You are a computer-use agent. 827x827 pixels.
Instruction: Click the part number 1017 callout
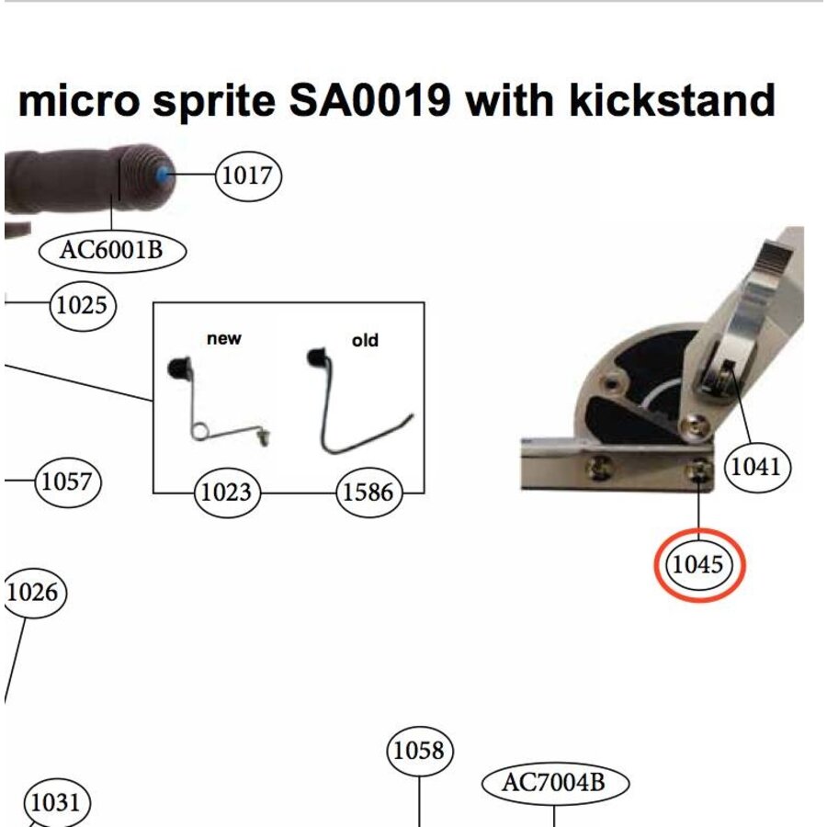tap(248, 175)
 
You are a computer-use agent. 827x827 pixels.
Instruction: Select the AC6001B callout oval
tap(112, 250)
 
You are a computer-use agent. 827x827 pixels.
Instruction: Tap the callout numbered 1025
tap(83, 305)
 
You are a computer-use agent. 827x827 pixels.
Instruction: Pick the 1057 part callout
tap(67, 481)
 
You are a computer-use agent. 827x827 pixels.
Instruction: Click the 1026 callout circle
tap(32, 593)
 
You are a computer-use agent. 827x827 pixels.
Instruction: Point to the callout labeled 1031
tap(56, 803)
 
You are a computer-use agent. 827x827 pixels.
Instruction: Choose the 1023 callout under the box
tap(226, 493)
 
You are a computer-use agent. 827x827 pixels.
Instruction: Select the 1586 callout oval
tap(368, 493)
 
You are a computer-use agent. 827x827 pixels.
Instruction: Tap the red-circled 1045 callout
tap(698, 565)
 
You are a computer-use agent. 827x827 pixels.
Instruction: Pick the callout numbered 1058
tap(419, 752)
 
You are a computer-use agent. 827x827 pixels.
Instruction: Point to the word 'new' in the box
tap(224, 339)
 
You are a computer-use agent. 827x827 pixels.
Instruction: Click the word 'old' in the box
tap(365, 341)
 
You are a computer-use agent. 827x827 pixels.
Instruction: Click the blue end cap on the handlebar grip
tap(164, 175)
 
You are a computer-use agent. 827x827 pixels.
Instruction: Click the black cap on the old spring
tap(316, 357)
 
